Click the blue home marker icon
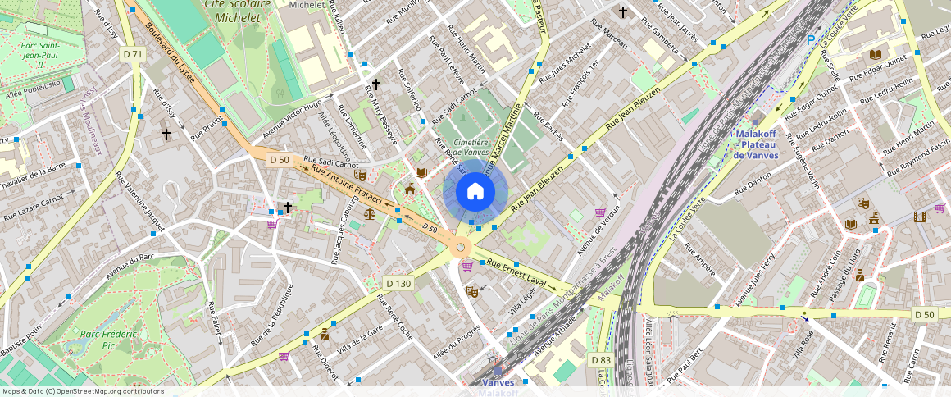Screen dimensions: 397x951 pos(475,192)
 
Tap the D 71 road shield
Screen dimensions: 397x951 pos(132,54)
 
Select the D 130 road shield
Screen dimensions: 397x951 pos(398,283)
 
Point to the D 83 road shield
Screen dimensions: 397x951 pos(600,360)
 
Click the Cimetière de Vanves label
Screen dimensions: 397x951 pos(466,147)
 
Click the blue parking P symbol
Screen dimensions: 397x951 pos(811,39)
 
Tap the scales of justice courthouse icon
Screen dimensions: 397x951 pos(370,213)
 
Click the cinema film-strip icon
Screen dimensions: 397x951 pos(920,217)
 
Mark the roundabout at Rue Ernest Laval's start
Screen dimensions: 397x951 pos(461,247)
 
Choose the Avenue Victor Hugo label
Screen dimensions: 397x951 pos(292,120)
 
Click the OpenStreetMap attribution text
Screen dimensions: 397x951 pos(82,391)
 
